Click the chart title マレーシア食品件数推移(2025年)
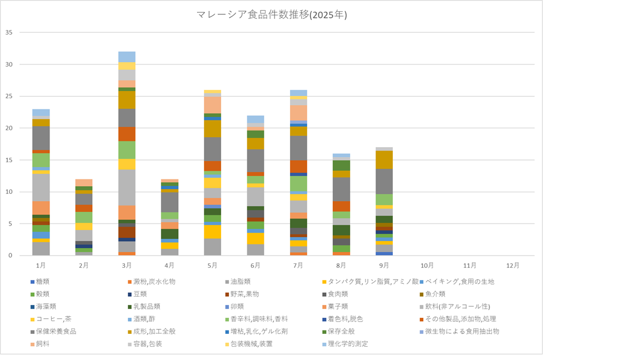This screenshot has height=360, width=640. pos(272,15)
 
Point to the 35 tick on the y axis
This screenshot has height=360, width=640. pos(8,32)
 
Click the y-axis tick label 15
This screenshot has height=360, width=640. pos(8,160)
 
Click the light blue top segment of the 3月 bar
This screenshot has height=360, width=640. pos(127,57)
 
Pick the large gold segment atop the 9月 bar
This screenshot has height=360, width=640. pos(384,159)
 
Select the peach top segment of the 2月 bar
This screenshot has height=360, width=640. pos(84,183)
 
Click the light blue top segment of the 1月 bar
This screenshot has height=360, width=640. pos(41,112)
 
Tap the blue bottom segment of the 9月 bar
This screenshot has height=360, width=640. pos(384,254)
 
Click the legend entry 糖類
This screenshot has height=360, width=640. pos(44,282)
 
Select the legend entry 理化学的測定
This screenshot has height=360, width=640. pos(348,344)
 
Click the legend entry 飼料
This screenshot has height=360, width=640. pos(44,344)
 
